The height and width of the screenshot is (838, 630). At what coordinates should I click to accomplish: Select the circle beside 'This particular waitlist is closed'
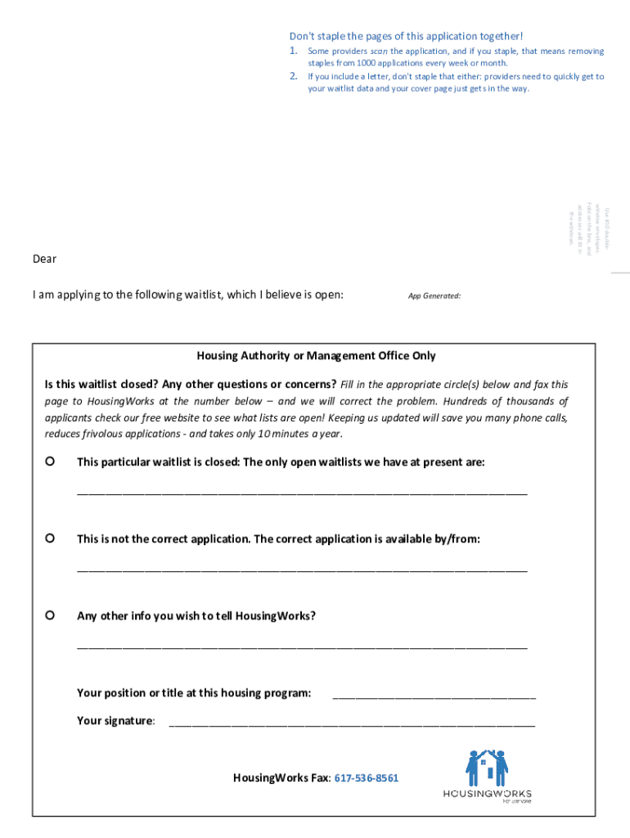[x=50, y=462]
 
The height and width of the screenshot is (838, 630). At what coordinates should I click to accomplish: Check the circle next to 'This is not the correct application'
[x=50, y=538]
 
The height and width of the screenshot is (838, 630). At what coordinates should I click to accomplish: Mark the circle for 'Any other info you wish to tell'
[x=50, y=615]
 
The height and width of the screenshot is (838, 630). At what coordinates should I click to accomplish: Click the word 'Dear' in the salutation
[x=45, y=259]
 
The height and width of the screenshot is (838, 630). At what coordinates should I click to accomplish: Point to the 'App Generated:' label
[x=434, y=295]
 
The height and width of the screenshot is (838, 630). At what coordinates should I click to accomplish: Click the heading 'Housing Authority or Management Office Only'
[x=316, y=356]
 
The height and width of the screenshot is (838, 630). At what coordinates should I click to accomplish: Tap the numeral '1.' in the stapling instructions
[x=294, y=51]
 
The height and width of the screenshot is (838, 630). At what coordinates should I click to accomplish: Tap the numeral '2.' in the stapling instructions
[x=294, y=76]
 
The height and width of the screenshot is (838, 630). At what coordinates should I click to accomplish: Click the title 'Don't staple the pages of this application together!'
[x=406, y=36]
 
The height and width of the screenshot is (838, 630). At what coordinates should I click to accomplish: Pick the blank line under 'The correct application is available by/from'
[x=302, y=570]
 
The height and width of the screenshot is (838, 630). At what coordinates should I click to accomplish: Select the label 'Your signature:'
[x=115, y=721]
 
